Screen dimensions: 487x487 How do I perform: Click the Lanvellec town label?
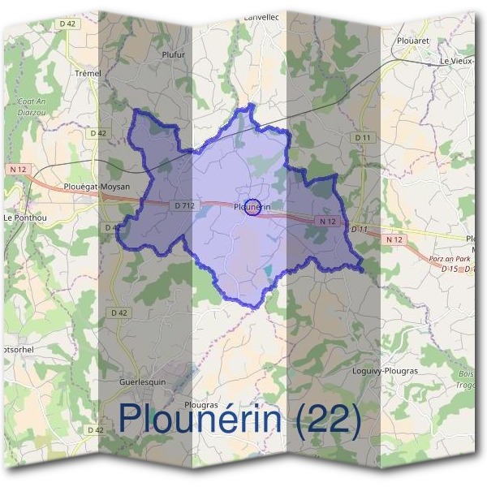261,16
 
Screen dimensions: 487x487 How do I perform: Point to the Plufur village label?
174,54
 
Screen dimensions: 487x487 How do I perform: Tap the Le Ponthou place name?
21,218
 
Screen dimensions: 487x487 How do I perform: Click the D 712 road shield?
184,206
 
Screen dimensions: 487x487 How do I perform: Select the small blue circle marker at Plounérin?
252,207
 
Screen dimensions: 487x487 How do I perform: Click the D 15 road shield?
451,268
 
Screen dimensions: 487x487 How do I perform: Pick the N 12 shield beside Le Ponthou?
19,169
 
